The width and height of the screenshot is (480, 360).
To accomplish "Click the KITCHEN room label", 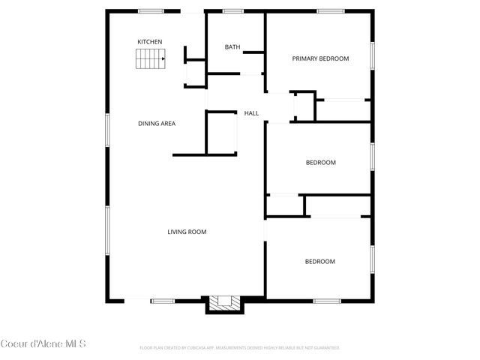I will click(149, 41).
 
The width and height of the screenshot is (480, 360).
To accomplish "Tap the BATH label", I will click(232, 47).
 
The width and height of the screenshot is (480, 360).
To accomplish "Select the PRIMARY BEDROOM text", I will click(320, 58).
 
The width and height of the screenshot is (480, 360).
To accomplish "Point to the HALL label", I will click(251, 113).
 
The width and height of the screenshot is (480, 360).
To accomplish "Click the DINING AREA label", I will click(157, 123).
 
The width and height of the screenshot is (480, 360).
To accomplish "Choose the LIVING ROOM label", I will click(187, 232).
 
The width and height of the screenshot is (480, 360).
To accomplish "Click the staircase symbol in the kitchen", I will click(150, 59).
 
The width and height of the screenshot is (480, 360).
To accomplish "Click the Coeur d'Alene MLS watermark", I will click(43, 344).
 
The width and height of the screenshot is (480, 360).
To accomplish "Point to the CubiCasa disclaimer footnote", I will click(240, 348).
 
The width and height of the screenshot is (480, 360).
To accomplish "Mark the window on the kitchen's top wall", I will click(151, 10).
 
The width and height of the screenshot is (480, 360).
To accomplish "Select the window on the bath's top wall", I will click(233, 10).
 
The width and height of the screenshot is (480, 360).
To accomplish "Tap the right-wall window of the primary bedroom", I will click(372, 56).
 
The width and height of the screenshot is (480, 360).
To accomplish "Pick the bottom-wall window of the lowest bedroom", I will click(327, 301).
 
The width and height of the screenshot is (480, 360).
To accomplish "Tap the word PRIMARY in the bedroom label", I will click(305, 58).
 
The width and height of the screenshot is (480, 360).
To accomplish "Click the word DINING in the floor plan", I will click(148, 123).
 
